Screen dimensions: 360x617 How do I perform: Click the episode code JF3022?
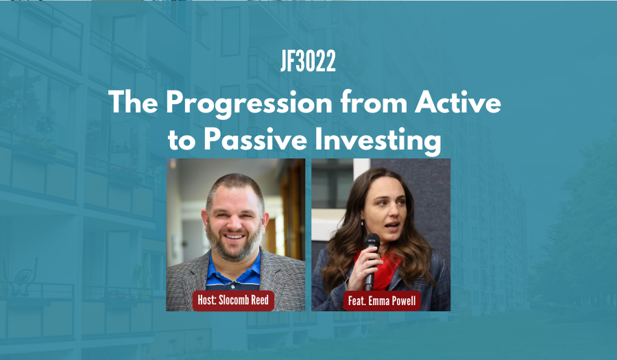coord(308,62)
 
